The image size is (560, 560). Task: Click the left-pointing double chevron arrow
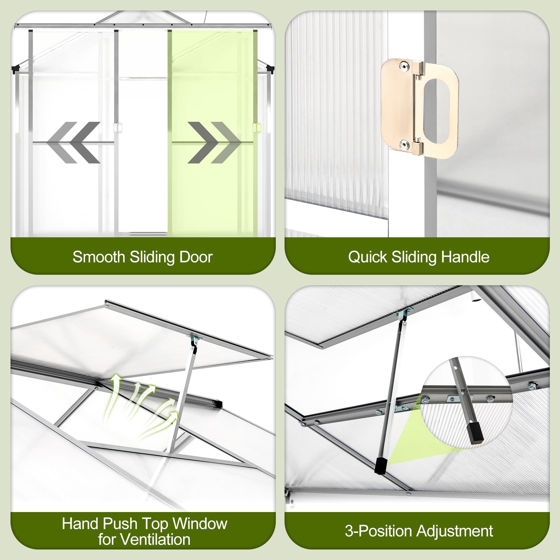[x=73, y=142]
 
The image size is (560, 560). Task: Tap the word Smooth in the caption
[x=99, y=257]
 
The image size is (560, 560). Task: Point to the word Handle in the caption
[x=465, y=257]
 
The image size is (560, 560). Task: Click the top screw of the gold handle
[x=405, y=65]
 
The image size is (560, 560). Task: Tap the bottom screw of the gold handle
[x=405, y=144]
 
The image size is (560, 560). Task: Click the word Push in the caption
[x=118, y=524]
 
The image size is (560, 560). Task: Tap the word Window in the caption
[x=200, y=524]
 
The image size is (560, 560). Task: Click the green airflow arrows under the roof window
[x=141, y=406]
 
